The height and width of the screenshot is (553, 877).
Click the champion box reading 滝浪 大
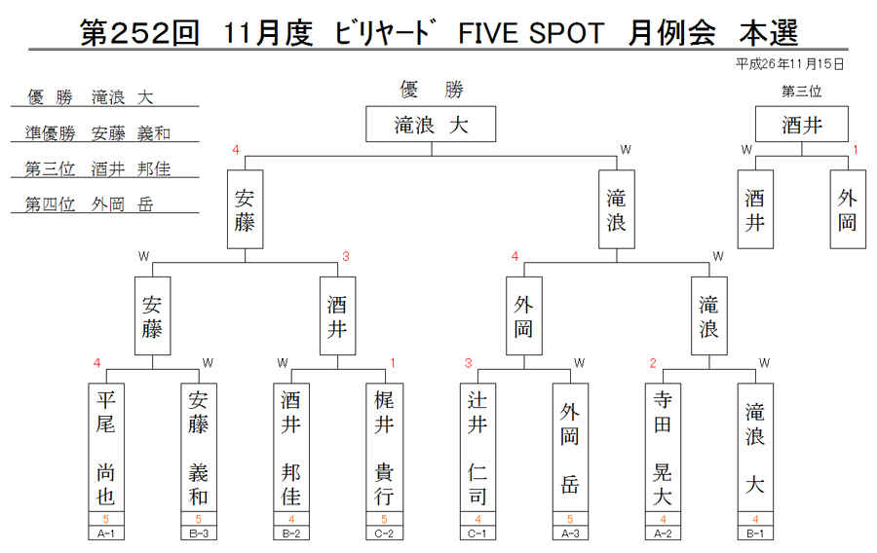[431, 124]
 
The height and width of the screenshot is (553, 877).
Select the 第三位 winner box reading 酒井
[802, 124]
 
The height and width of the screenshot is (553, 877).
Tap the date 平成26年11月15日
[789, 64]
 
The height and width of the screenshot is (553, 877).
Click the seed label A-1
[105, 534]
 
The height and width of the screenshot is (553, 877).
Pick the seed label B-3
[199, 534]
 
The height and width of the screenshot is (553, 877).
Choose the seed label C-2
[384, 534]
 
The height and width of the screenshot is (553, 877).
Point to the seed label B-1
[755, 534]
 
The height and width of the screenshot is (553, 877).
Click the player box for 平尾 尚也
[105, 448]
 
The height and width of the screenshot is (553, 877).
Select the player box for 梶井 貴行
[384, 448]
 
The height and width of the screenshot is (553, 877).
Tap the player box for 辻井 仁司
[477, 448]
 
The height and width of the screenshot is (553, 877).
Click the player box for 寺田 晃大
[663, 448]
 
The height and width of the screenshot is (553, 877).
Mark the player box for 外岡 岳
[570, 448]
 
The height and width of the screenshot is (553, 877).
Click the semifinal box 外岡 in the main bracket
[524, 315]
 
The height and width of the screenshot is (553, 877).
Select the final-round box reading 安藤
[245, 209]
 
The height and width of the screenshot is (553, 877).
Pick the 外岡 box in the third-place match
[848, 209]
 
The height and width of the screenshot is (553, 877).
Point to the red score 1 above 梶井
[393, 363]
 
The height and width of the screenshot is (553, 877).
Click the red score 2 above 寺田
[653, 363]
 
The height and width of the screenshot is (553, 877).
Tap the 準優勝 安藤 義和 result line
[97, 133]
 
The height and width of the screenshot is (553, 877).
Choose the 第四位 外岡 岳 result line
[90, 204]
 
